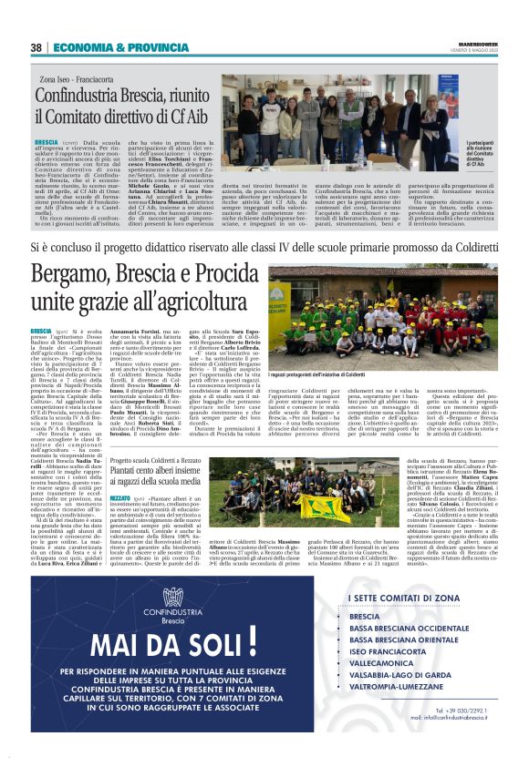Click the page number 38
[x=36, y=47]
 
